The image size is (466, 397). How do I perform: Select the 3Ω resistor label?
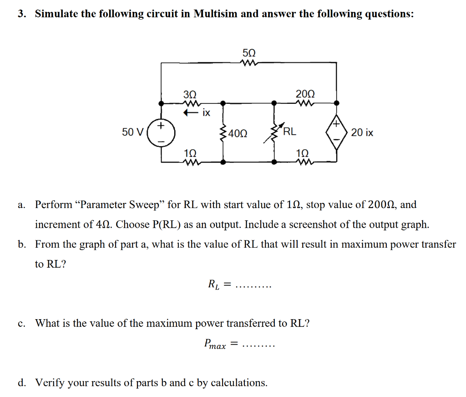point(190,94)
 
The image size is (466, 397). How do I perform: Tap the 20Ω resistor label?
point(304,94)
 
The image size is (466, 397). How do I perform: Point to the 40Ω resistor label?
point(238,134)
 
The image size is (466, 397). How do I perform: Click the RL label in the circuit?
point(290,132)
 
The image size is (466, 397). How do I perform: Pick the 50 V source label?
point(133,132)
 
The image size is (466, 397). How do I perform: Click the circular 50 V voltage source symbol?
point(161,132)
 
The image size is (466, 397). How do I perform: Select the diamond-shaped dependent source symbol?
point(336,132)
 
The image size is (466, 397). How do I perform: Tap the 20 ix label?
point(362,133)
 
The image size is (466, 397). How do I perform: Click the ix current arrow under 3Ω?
point(190,112)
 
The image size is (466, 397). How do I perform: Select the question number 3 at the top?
point(21,14)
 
